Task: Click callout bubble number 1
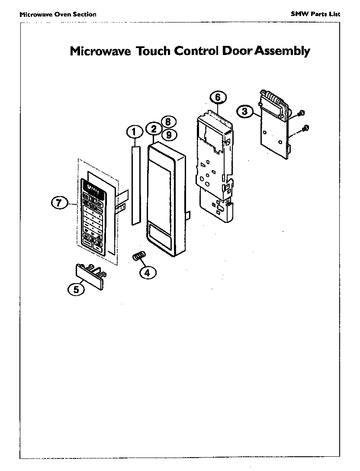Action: (134, 131)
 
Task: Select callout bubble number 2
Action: (154, 129)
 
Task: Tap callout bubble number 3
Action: (245, 111)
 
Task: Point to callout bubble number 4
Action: (147, 272)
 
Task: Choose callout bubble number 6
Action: (218, 97)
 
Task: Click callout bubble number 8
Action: (168, 122)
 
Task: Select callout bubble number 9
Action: (169, 135)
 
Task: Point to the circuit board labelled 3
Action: (273, 130)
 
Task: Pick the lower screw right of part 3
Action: (305, 128)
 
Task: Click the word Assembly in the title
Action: (282, 51)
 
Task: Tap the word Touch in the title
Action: (154, 51)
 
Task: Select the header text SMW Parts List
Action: (315, 14)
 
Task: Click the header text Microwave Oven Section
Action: (58, 14)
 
